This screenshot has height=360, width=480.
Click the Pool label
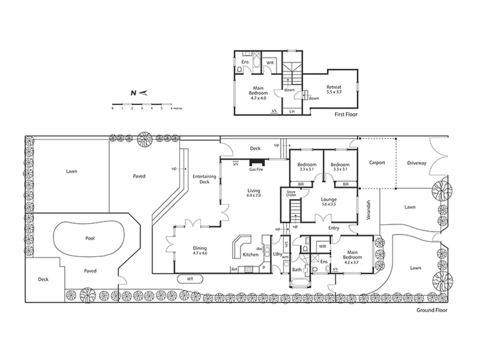point(90,238)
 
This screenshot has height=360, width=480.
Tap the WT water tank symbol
point(190,279)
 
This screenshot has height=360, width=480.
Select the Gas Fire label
point(256,170)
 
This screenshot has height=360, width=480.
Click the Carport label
point(377,163)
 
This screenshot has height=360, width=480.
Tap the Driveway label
point(417,163)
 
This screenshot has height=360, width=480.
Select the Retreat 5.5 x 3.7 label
point(334,90)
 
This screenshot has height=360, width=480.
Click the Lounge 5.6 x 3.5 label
point(329,202)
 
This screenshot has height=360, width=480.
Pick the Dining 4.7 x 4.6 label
point(200,250)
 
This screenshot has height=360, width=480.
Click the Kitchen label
point(251,255)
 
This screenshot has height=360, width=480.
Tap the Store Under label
point(291,193)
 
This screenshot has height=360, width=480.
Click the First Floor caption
point(346,114)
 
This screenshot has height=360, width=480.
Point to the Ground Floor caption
point(432,310)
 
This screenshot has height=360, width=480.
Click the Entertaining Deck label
point(204,179)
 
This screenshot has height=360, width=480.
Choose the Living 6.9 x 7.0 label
point(254,193)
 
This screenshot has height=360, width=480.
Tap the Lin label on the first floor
point(292,111)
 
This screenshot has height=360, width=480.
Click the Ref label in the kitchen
point(234,269)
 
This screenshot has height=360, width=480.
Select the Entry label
point(334,228)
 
